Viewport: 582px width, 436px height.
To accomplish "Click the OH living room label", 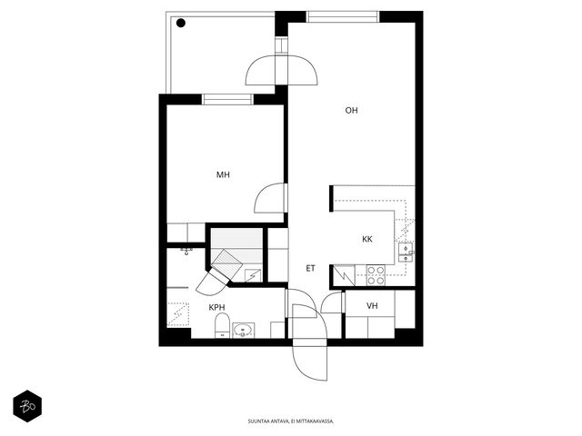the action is (351, 111).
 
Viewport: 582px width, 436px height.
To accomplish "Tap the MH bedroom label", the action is (223, 174).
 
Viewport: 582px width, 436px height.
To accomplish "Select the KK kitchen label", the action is (367, 239).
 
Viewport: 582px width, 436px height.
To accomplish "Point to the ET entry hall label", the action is (311, 269).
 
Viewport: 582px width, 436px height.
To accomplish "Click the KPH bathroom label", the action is (216, 307).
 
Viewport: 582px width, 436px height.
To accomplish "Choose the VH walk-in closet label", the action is (372, 306).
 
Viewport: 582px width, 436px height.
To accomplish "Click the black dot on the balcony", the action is (181, 23).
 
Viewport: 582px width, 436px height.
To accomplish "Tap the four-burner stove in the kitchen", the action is (376, 275).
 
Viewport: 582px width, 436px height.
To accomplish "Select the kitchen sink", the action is (406, 253).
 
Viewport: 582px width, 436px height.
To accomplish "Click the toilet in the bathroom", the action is (222, 325).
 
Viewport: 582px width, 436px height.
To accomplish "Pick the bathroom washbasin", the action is (243, 331).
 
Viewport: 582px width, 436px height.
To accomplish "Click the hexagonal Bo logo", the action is (27, 406).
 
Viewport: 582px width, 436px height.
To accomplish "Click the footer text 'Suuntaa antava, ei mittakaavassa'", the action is (291, 421).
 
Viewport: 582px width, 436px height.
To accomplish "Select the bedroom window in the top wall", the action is (227, 99).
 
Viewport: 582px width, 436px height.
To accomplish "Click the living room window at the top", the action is (343, 16).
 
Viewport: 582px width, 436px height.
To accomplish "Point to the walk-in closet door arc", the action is (326, 299).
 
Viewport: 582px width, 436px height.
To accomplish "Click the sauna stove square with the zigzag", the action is (253, 275).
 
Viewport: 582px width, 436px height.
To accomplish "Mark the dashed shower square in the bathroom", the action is (178, 315).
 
